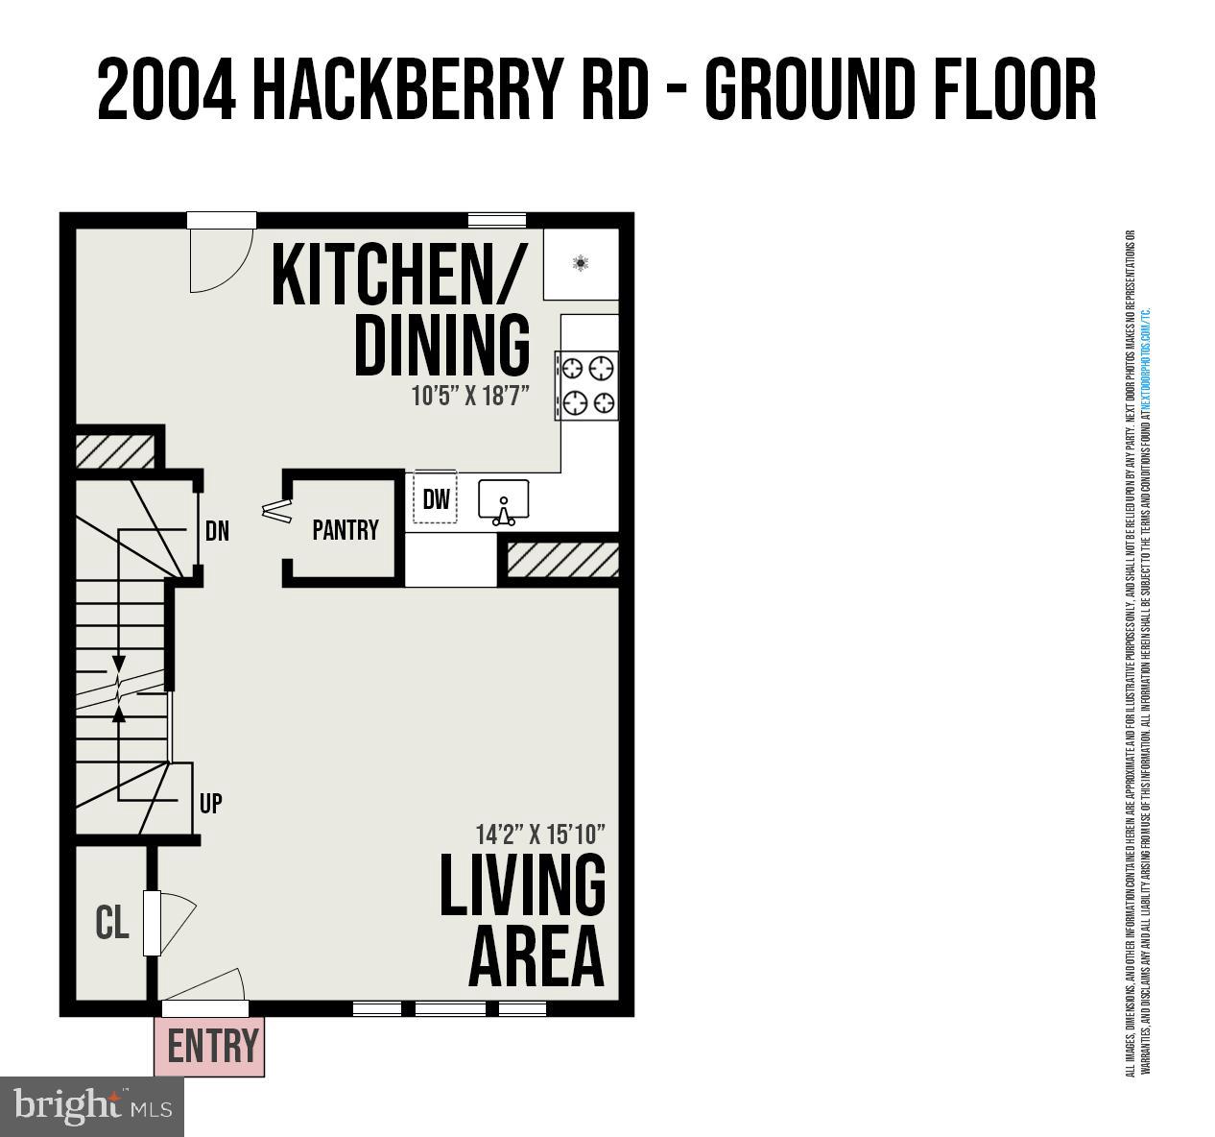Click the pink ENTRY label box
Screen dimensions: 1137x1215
coord(209,1047)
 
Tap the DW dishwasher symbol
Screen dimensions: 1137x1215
coord(436,498)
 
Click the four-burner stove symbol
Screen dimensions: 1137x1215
coord(586,385)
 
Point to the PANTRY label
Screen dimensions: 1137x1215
coord(345,530)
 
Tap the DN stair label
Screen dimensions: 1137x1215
coord(217,531)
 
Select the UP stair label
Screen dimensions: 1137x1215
coord(211,804)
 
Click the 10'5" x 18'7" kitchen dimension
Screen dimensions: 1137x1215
coord(470,396)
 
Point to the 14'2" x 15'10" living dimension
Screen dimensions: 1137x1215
coord(540,833)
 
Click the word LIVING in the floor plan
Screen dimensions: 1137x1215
coord(522,884)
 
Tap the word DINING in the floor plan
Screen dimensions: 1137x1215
coord(442,345)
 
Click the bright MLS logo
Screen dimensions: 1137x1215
coord(92,1106)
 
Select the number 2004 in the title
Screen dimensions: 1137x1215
coord(166,91)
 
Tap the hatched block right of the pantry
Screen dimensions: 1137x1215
coord(562,561)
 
